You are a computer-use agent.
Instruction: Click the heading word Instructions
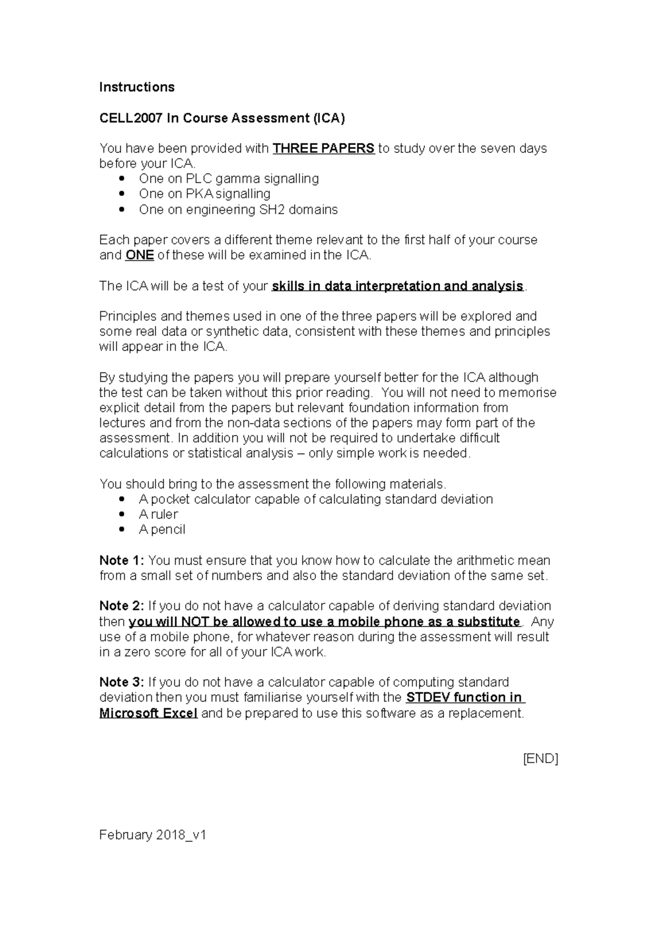tap(136, 87)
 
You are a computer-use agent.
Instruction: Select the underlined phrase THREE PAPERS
tap(324, 148)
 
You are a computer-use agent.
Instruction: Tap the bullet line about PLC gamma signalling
tap(228, 179)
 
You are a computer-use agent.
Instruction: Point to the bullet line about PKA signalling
tap(204, 194)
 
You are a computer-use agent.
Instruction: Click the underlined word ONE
tap(139, 255)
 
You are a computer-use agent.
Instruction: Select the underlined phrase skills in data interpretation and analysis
tap(397, 286)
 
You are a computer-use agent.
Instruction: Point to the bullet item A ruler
tap(158, 514)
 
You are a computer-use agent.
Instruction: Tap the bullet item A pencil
tap(162, 530)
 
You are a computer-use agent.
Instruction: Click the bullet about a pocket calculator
tap(315, 499)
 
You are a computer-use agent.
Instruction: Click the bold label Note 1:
tap(122, 560)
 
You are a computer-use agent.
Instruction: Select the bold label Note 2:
tap(122, 606)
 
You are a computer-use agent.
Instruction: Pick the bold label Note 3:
tap(122, 682)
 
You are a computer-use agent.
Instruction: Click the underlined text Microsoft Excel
tap(148, 713)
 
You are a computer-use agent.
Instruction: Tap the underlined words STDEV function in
tap(464, 697)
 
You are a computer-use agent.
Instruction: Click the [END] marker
tap(540, 759)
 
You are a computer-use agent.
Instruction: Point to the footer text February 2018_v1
tap(152, 835)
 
